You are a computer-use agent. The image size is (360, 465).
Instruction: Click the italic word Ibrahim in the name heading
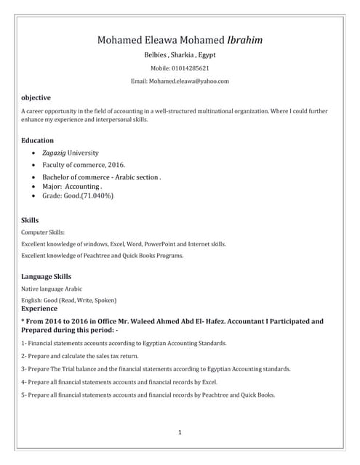tap(245, 39)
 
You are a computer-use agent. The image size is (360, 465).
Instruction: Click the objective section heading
tap(36, 97)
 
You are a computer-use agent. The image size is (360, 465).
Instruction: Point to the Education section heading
tap(38, 140)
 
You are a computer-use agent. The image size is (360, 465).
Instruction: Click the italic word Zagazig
tap(53, 153)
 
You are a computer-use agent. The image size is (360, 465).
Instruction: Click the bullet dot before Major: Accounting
tap(34, 186)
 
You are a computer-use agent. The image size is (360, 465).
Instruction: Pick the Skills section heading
tap(30, 219)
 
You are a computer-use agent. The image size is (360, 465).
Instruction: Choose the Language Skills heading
tap(47, 276)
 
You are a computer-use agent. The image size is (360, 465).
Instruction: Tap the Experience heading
tap(41, 308)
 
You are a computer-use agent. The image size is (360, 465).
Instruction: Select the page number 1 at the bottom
tap(179, 432)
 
